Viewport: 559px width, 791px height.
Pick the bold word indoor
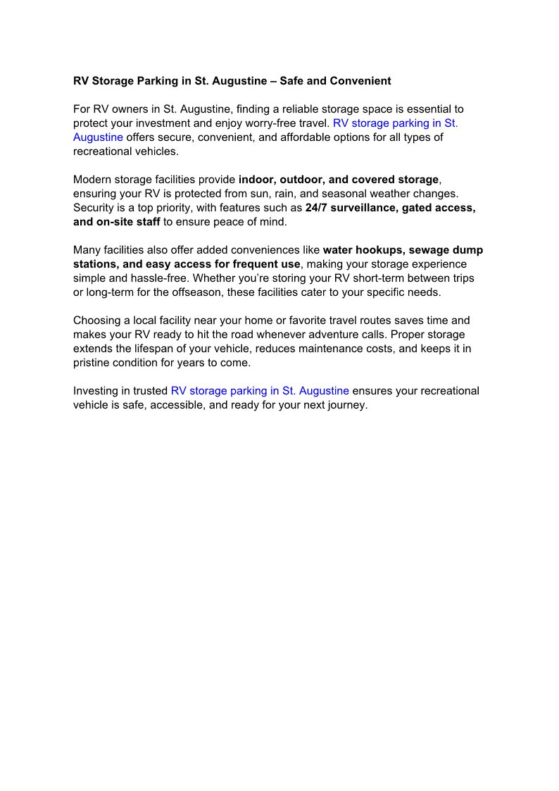pyautogui.click(x=256, y=180)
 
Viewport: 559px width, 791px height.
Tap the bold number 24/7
pyautogui.click(x=316, y=208)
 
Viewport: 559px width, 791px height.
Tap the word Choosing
pyautogui.click(x=97, y=320)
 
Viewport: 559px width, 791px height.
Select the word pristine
pyautogui.click(x=92, y=363)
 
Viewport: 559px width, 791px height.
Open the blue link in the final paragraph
pyautogui.click(x=260, y=391)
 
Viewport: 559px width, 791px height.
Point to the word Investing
pyautogui.click(x=96, y=391)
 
